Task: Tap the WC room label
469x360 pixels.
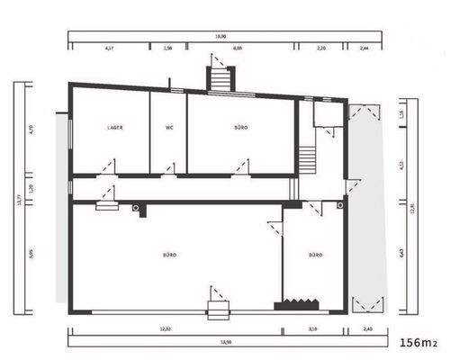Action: pos(168,128)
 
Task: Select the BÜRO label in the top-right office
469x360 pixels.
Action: pos(240,128)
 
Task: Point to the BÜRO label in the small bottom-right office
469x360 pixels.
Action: pos(315,256)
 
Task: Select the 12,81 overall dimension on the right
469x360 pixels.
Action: pos(411,209)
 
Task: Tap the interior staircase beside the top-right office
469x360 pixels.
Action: pos(307,159)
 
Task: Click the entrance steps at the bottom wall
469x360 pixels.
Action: pos(219,312)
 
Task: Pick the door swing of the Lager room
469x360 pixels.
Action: pos(108,167)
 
